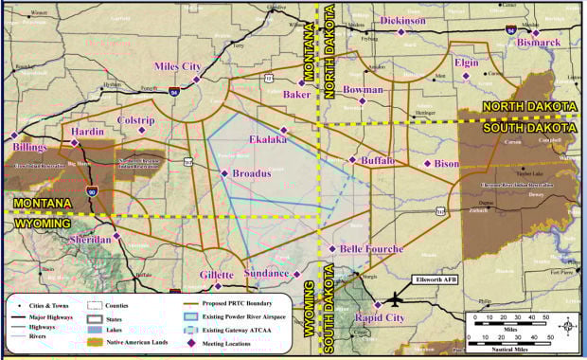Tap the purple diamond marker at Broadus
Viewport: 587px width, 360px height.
coord(224,173)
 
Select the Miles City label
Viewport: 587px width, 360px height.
coord(178,67)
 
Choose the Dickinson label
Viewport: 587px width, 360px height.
coord(402,20)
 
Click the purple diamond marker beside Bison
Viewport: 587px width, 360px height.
coord(427,164)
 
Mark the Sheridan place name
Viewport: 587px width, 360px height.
coord(91,241)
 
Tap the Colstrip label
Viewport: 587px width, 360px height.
coord(134,121)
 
